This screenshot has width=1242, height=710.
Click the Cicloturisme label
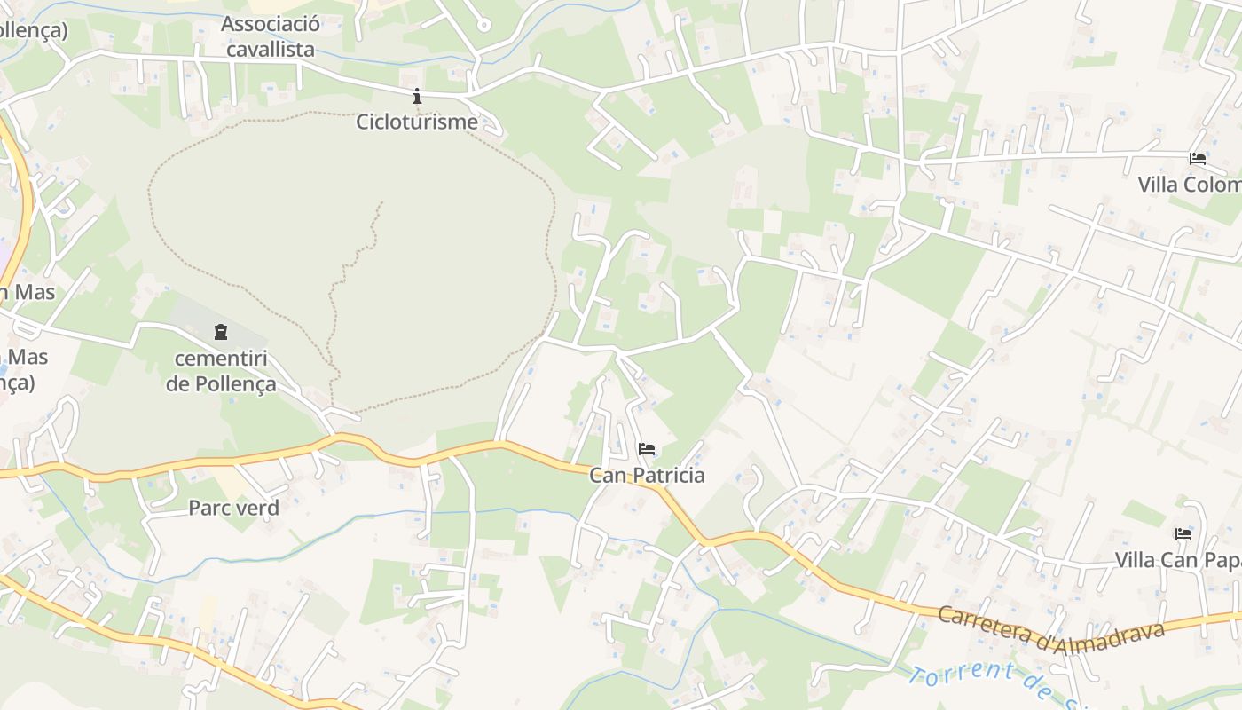click(x=416, y=122)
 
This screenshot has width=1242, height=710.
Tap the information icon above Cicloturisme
click(x=417, y=96)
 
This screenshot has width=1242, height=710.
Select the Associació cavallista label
click(x=271, y=36)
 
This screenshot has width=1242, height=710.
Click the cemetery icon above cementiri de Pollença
click(x=220, y=332)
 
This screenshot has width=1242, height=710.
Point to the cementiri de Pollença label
click(x=221, y=372)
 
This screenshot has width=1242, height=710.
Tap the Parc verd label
click(x=233, y=508)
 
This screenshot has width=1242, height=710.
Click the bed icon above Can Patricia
click(x=647, y=449)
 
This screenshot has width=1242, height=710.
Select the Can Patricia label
click(x=647, y=476)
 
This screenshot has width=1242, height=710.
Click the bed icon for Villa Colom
click(x=1198, y=159)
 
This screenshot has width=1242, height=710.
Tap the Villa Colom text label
click(x=1189, y=185)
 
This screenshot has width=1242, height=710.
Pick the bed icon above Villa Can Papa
click(x=1183, y=533)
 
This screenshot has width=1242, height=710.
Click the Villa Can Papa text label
click(x=1178, y=560)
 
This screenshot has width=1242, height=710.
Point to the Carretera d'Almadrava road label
click(x=1050, y=631)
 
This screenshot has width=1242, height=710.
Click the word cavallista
click(x=271, y=49)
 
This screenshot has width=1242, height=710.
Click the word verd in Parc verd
click(x=256, y=508)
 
